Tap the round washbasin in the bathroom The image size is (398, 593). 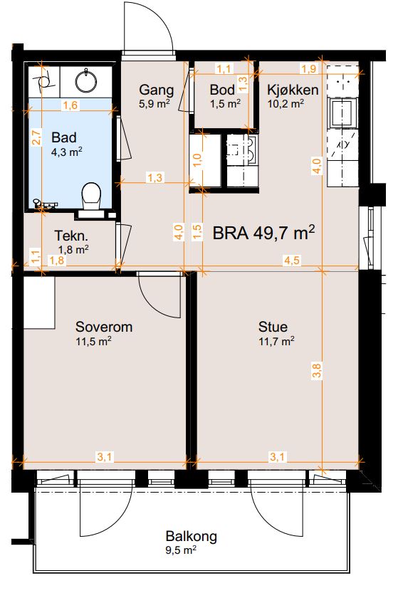(x=86, y=81)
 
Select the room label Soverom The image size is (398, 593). (x=104, y=327)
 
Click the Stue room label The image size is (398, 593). (x=273, y=327)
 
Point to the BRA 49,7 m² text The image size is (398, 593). (x=263, y=233)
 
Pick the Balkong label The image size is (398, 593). (x=191, y=537)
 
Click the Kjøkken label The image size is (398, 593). (x=293, y=90)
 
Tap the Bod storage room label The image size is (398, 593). (x=222, y=90)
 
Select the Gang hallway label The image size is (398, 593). (x=156, y=90)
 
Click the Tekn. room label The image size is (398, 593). (x=71, y=236)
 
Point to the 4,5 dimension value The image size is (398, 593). (x=292, y=261)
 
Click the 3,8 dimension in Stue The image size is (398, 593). (x=317, y=370)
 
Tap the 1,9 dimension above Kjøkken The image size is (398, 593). (x=309, y=68)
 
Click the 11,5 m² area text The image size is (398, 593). (x=93, y=342)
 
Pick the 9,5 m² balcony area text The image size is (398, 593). (x=181, y=550)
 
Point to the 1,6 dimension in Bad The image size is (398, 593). (x=70, y=105)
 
